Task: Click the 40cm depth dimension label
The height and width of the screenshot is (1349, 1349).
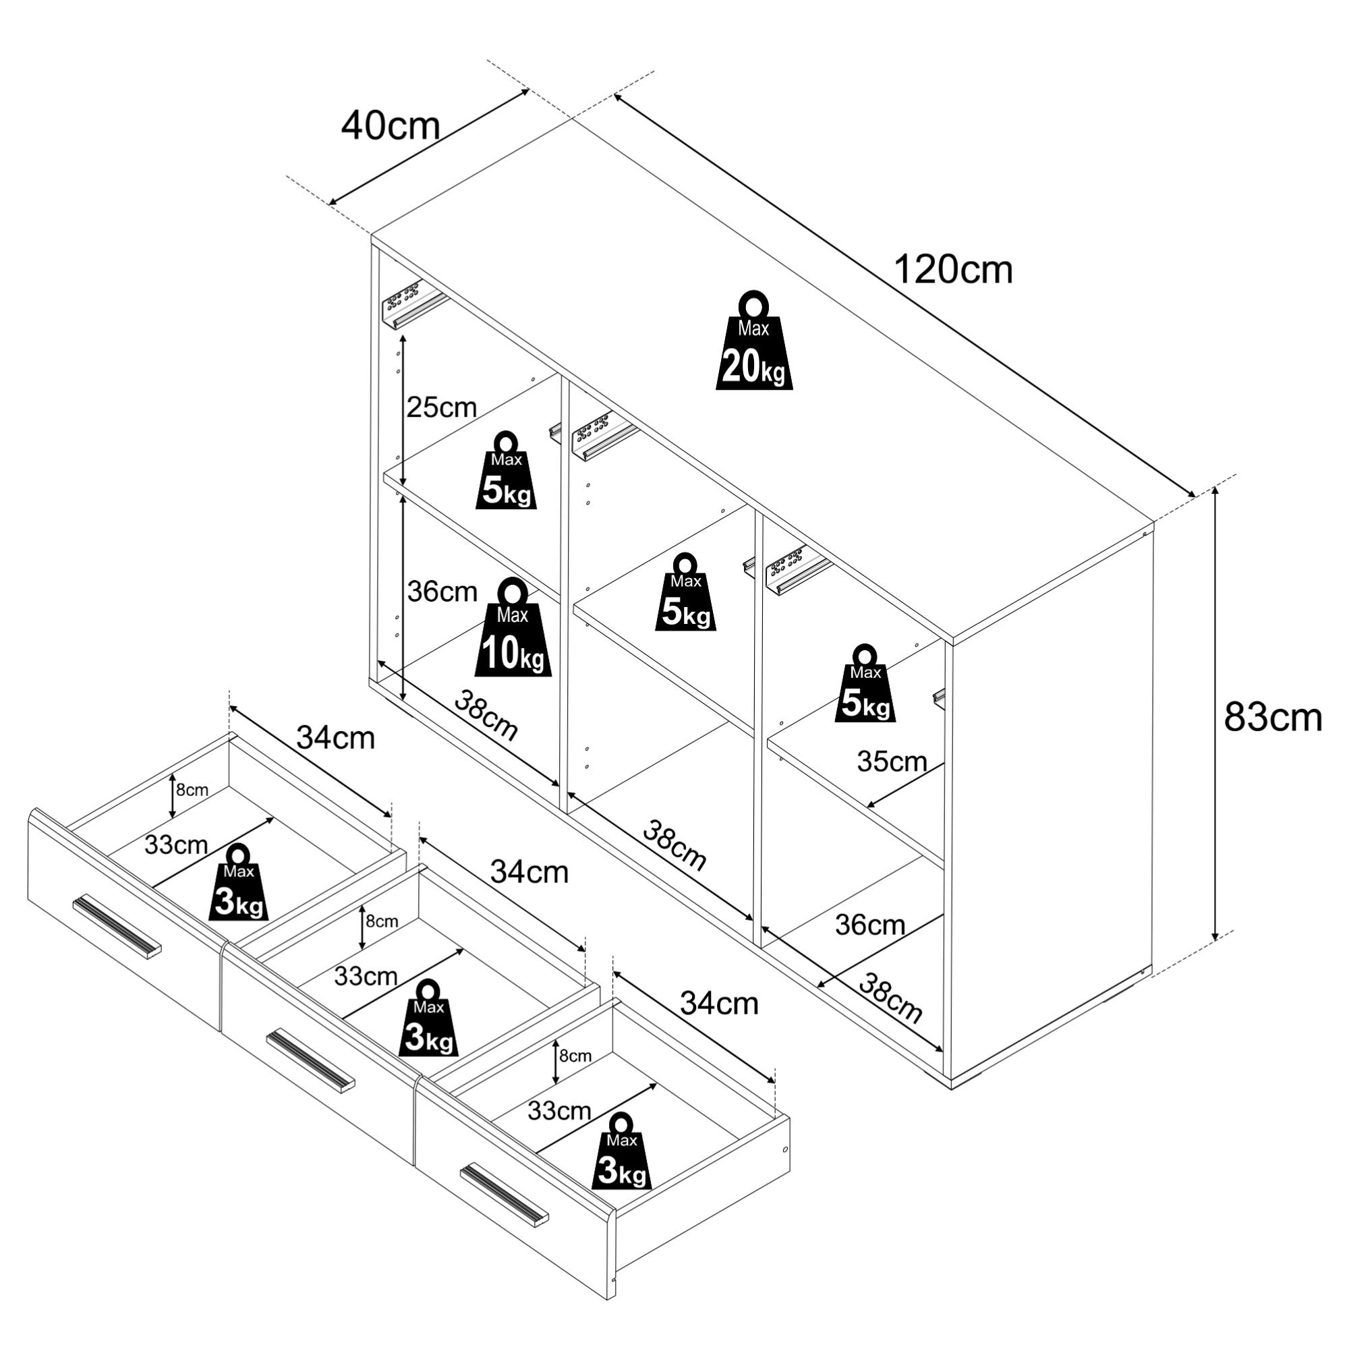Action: click(x=391, y=126)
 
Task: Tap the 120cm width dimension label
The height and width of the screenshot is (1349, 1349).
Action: click(x=952, y=270)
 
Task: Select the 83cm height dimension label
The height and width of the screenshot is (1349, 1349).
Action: click(x=1273, y=717)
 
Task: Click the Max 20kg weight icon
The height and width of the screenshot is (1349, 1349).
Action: click(x=754, y=340)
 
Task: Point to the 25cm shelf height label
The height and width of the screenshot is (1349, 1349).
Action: click(x=441, y=407)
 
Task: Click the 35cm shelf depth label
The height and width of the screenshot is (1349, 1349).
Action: click(x=892, y=762)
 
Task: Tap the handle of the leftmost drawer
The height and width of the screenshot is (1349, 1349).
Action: click(x=117, y=927)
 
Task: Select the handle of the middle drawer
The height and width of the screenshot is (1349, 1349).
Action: click(x=310, y=1059)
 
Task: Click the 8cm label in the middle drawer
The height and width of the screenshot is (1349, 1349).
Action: click(x=382, y=921)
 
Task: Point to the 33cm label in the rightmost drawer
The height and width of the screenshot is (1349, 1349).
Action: click(x=559, y=1110)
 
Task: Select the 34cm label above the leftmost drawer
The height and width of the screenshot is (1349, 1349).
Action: click(x=336, y=737)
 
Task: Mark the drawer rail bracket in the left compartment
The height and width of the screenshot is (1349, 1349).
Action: click(x=413, y=304)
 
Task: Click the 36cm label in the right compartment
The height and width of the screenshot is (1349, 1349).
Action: click(x=870, y=925)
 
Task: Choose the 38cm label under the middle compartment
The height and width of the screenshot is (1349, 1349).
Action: click(x=674, y=845)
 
